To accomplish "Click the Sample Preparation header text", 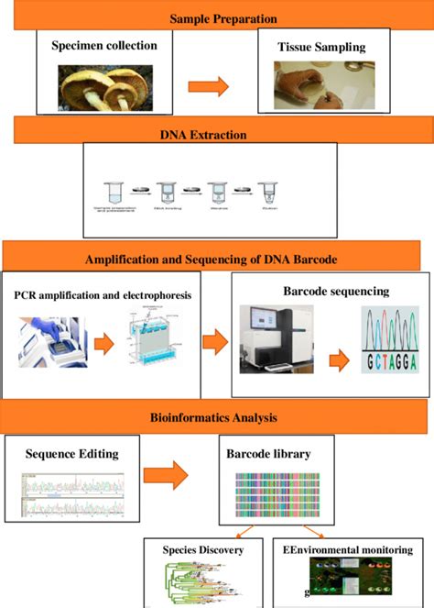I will (223, 17).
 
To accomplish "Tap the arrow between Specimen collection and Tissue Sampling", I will (210, 85).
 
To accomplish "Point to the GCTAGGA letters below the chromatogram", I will (377, 362).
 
